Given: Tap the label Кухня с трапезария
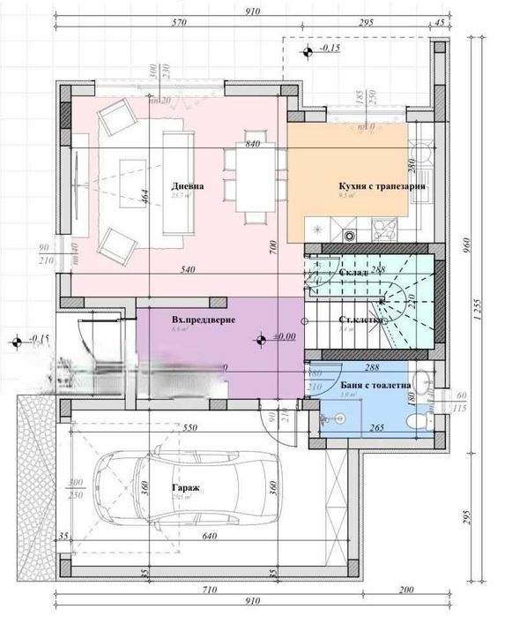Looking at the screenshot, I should [x=382, y=187].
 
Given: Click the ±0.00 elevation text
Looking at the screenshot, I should [x=284, y=336].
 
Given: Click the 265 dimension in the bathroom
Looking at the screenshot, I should [x=376, y=429].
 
